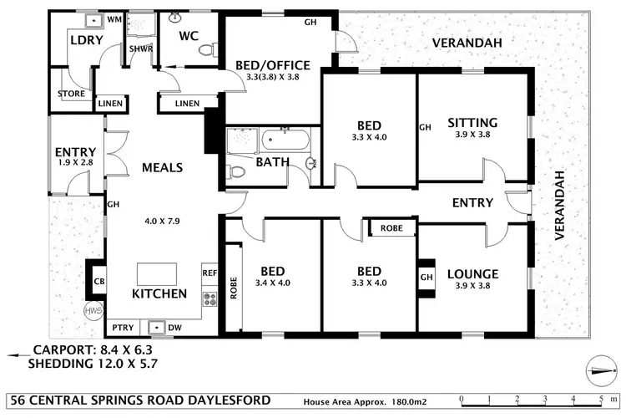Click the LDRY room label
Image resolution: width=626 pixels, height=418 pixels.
tap(85, 40)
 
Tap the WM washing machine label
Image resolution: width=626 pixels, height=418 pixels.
tap(114, 18)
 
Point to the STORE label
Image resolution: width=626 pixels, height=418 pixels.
tap(71, 94)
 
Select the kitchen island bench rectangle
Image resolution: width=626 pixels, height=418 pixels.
tap(157, 273)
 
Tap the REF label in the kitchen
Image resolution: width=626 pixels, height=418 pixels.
tap(209, 273)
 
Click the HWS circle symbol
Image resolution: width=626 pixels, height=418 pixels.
tap(92, 310)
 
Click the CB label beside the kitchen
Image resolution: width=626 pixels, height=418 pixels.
tap(98, 282)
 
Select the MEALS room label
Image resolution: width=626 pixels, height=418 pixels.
tap(162, 167)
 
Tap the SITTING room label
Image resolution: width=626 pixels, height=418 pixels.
tap(472, 121)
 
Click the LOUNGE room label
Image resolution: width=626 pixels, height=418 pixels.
tap(472, 273)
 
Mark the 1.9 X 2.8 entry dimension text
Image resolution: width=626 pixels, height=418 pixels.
tap(75, 162)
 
